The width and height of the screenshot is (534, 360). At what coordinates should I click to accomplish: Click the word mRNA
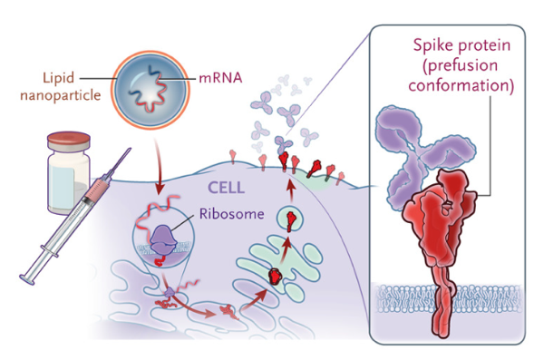pyautogui.click(x=220, y=78)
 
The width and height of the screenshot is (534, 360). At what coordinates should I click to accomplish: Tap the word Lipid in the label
pyautogui.click(x=58, y=78)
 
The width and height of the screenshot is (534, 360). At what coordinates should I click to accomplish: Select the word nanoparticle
pyautogui.click(x=61, y=95)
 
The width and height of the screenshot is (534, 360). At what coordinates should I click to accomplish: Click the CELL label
pyautogui.click(x=226, y=188)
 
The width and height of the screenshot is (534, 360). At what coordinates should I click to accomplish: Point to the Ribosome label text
pyautogui.click(x=231, y=213)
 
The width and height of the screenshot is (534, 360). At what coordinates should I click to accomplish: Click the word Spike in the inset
pyautogui.click(x=432, y=45)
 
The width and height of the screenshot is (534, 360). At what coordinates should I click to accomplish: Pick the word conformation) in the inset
pyautogui.click(x=461, y=85)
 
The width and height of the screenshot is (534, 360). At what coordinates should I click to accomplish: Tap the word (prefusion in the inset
pyautogui.click(x=460, y=65)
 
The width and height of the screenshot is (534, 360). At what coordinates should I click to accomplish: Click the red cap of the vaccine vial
pyautogui.click(x=69, y=140)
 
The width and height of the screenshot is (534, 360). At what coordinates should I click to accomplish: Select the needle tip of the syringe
pyautogui.click(x=130, y=149)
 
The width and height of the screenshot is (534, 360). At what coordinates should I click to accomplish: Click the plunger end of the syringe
pyautogui.click(x=27, y=279)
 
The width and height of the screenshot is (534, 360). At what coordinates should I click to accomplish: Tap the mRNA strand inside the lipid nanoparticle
pyautogui.click(x=149, y=89)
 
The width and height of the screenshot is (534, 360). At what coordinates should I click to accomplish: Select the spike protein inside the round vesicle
pyautogui.click(x=290, y=219)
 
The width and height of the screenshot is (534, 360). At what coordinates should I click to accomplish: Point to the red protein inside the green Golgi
pyautogui.click(x=275, y=277)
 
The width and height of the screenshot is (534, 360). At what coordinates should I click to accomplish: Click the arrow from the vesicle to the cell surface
pyautogui.click(x=290, y=192)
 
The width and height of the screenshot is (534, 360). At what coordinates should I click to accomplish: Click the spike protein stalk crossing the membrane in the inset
pyautogui.click(x=442, y=301)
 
